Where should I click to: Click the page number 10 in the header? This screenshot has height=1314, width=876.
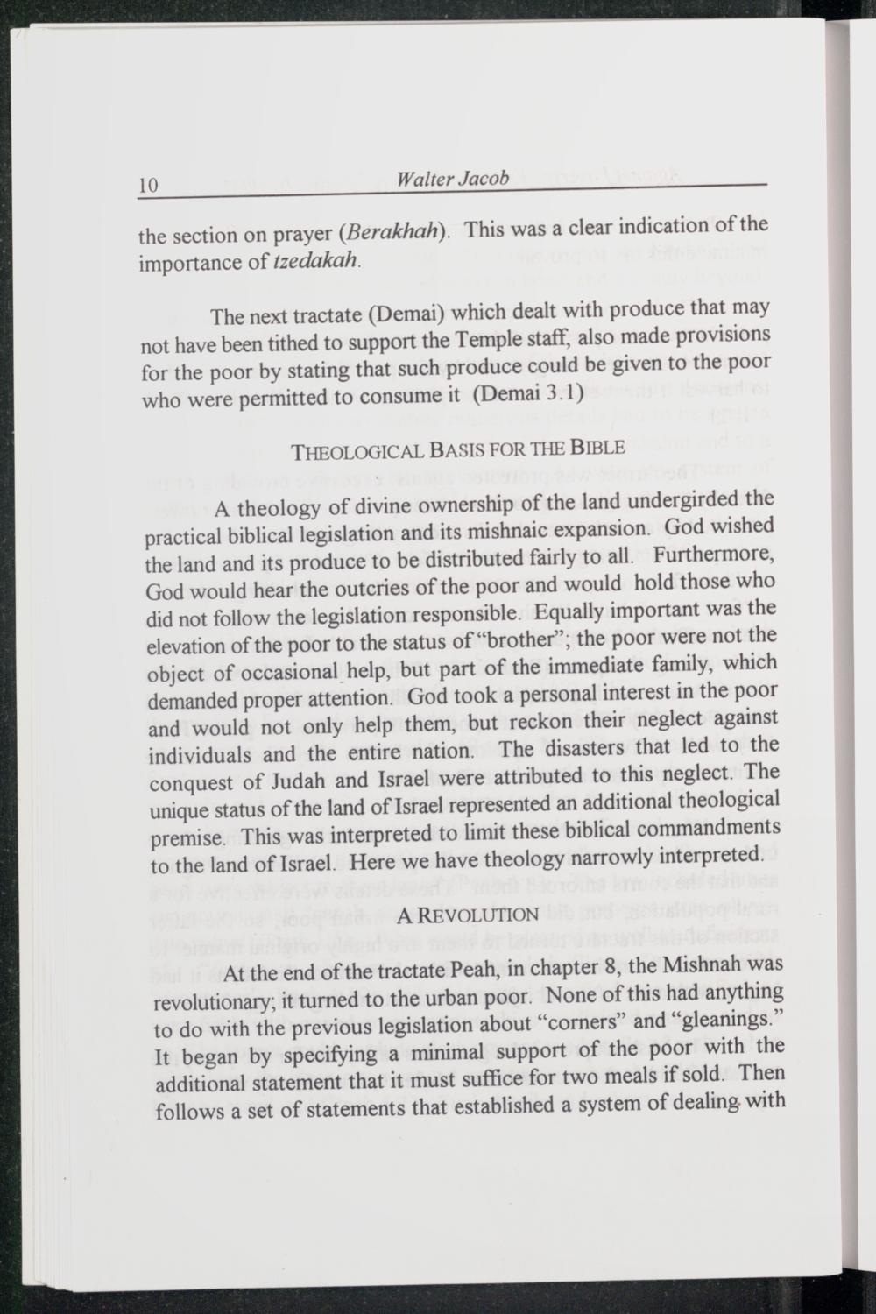pos(147,186)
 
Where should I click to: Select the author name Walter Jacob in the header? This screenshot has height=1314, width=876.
pos(452,180)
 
